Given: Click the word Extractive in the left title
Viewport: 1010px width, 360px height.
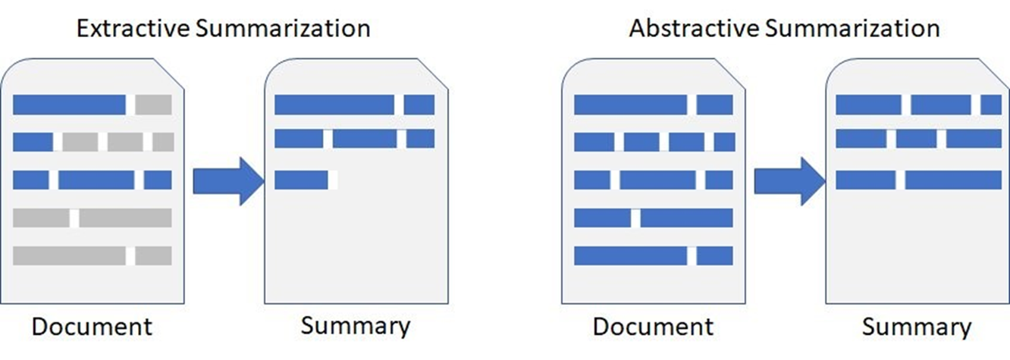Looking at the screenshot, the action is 133,28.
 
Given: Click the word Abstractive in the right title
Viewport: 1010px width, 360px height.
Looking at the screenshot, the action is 694,28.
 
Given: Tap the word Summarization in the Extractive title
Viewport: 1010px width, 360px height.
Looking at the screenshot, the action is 283,28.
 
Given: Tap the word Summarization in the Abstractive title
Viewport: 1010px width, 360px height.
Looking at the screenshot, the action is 852,28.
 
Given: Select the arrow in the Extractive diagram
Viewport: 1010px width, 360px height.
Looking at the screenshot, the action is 228,181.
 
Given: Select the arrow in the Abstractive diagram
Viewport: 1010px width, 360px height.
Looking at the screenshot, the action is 789,181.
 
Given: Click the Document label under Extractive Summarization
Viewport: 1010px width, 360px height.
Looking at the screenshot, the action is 92,327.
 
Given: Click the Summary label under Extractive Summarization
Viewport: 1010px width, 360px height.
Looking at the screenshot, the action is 356,327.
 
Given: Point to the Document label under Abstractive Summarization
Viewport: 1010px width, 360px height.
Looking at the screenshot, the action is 653,327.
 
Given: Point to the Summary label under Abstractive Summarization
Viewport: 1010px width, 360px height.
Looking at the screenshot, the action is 917,327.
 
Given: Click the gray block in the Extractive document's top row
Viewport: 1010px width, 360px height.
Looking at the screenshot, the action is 153,105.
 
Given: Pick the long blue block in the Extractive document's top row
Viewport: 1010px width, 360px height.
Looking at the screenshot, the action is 69,105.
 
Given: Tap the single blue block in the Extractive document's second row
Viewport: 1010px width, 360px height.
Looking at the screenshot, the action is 33,142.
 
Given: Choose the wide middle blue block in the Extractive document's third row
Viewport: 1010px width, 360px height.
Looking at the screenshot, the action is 96,180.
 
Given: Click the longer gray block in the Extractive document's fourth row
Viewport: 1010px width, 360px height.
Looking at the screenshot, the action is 125,218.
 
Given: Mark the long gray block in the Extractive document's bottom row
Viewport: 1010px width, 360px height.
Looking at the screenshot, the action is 69,255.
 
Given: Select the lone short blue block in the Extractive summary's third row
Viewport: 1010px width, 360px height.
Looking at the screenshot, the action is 301,180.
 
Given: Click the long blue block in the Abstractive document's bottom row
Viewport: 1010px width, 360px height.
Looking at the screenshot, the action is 630,255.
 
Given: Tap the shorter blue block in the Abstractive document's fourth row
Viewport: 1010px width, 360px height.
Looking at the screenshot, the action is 602,218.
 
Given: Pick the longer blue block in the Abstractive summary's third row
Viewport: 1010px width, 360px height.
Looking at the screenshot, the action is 953,180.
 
